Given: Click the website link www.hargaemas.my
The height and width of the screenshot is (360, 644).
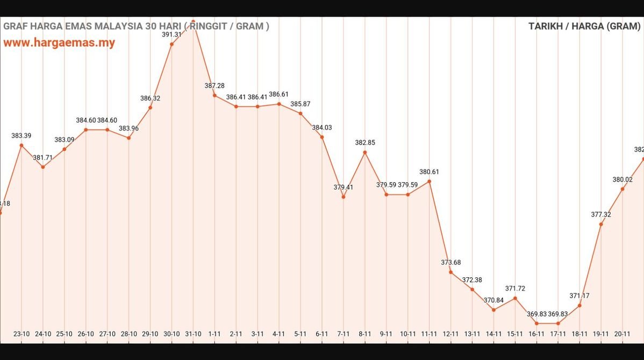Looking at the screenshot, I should click(x=59, y=43).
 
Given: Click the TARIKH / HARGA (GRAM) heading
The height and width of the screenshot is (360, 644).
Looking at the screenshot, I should click(x=584, y=26).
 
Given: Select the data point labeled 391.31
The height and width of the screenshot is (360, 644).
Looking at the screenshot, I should click(x=171, y=44).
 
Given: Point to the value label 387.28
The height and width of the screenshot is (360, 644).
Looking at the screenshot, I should click(x=214, y=86).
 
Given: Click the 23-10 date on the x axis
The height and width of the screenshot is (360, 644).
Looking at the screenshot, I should click(x=22, y=334).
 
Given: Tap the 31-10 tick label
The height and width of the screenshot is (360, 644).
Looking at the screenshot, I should click(x=193, y=334).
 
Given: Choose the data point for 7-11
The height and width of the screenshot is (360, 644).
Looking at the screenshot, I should click(x=344, y=197).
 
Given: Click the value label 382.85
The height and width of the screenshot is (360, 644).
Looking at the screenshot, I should click(x=365, y=143).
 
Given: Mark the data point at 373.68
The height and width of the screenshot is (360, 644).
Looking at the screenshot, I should click(x=451, y=272).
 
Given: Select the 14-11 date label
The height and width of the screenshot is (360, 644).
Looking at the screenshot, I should click(x=493, y=334).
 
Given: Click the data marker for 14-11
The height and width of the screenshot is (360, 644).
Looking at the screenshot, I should click(x=493, y=310).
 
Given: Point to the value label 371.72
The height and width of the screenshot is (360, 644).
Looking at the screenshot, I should click(x=515, y=289).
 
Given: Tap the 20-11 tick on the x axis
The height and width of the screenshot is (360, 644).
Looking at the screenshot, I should click(x=622, y=334).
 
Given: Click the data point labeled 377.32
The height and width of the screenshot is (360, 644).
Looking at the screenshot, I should click(x=601, y=224).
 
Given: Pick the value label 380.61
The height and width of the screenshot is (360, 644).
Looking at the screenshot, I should click(x=430, y=172).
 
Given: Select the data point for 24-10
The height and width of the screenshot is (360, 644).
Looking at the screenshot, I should click(x=43, y=167).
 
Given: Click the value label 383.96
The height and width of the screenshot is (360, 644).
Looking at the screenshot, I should click(x=128, y=128).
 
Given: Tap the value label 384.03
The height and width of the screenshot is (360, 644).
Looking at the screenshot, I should click(x=322, y=127).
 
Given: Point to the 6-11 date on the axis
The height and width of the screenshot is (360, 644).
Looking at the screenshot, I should click(x=322, y=334).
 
